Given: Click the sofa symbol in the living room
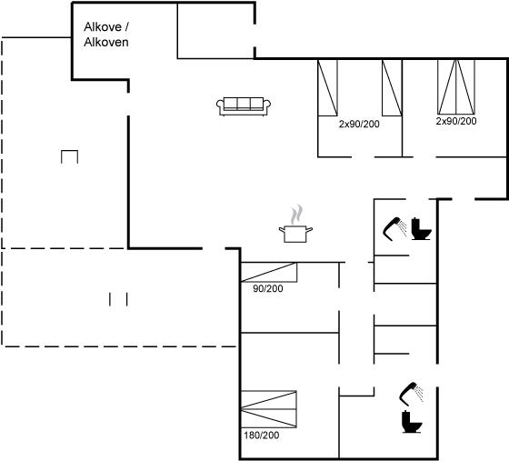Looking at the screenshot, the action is coord(244,105).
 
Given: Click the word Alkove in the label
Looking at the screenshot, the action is coord(103,27).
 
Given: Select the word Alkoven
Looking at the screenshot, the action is coord(106,42).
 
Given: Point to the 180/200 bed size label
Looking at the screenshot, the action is coord(262,435).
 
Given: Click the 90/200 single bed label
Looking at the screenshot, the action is coord(268,288).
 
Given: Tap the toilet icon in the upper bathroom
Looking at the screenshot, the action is coord(421,229).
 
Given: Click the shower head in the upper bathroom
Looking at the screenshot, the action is coord(394,228).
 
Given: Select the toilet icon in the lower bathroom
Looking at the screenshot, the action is coord(412,422).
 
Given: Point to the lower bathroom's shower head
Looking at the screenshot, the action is coord(411,394).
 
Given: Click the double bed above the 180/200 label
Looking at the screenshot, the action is coord(269,409).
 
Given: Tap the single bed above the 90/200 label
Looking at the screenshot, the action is coord(269,272).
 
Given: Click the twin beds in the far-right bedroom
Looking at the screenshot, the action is coord(456,86).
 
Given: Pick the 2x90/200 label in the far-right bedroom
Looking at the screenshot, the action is coord(456,121).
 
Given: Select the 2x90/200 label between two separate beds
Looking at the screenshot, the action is coord(359,124).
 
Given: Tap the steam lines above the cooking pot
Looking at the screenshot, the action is coord(296,215).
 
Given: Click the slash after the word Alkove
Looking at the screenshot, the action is coord(126,27).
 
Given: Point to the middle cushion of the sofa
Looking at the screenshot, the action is coord(244,104).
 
